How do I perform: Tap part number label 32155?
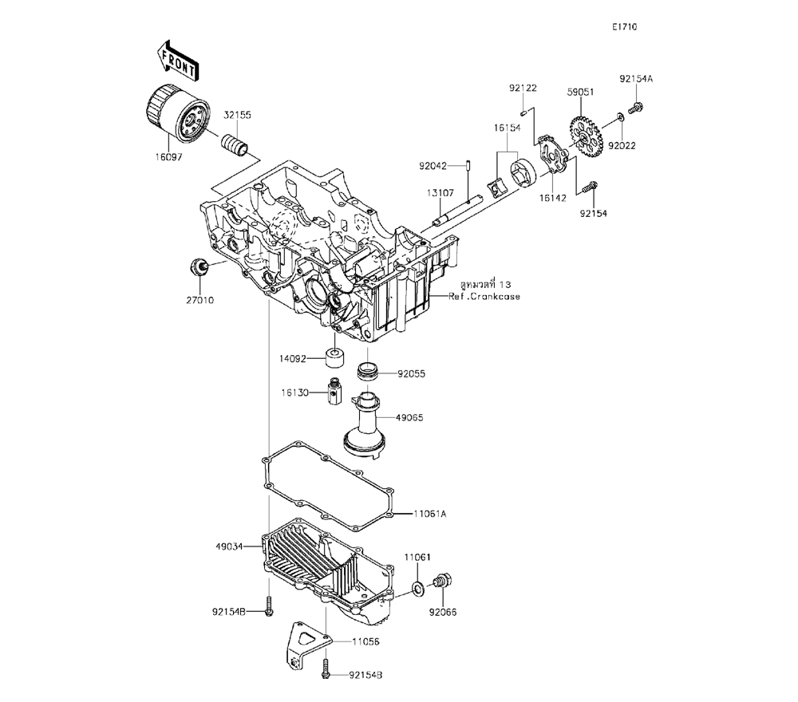tap(237, 115)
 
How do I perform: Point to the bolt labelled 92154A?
tap(637, 105)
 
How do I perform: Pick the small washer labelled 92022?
tap(619, 120)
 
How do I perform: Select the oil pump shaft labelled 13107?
tap(458, 208)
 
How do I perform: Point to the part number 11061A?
tap(430, 514)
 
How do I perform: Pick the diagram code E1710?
tap(624, 26)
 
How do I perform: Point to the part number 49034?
tap(228, 547)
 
